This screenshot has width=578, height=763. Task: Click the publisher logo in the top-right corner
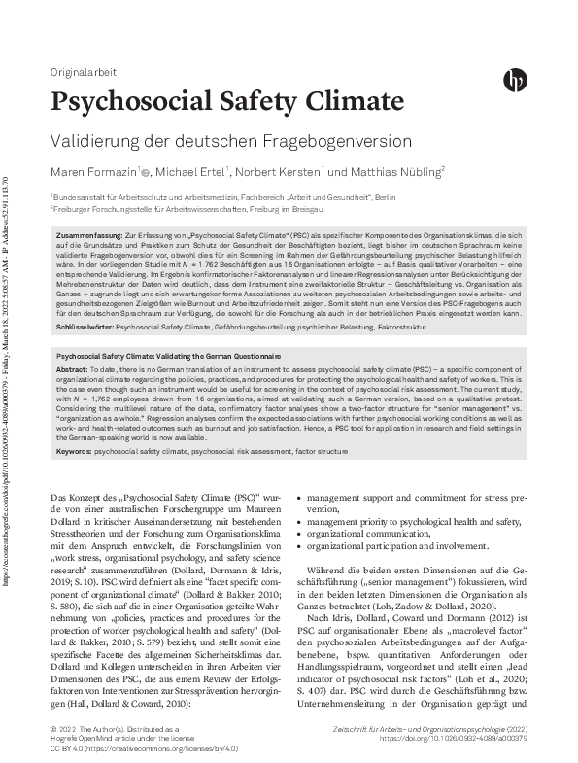(x=514, y=81)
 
